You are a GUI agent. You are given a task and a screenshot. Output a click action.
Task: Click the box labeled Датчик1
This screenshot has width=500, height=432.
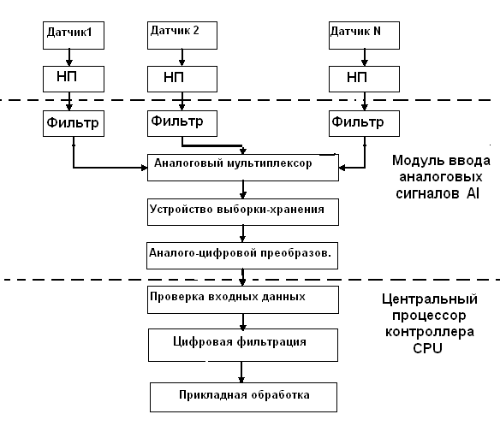pyautogui.click(x=74, y=35)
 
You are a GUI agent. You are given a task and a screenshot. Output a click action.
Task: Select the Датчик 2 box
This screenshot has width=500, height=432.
pyautogui.click(x=182, y=35)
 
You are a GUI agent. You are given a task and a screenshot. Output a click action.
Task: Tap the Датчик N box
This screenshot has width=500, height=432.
pyautogui.click(x=364, y=35)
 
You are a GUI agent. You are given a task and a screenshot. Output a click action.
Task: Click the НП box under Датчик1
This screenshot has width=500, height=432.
pyautogui.click(x=74, y=79)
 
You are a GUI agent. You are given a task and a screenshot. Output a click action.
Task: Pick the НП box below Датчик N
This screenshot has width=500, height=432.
pyautogui.click(x=364, y=79)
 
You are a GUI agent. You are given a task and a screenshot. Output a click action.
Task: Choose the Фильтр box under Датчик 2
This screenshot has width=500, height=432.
pyautogui.click(x=182, y=123)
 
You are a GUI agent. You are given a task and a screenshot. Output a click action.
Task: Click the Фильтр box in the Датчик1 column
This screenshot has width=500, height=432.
pyautogui.click(x=74, y=123)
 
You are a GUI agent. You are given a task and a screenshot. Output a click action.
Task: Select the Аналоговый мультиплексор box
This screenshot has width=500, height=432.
pyautogui.click(x=243, y=168)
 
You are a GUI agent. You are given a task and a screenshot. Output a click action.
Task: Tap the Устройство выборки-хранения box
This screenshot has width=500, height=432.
pyautogui.click(x=243, y=212)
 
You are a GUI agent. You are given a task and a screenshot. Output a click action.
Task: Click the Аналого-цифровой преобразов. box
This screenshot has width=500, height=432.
pyautogui.click(x=242, y=256)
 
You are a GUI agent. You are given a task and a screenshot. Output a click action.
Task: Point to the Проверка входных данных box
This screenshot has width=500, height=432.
pyautogui.click(x=243, y=299)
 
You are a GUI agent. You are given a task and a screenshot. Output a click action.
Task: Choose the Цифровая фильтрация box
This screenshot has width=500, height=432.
pyautogui.click(x=243, y=346)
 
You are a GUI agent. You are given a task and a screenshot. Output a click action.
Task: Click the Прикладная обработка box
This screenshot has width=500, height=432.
pyautogui.click(x=244, y=397)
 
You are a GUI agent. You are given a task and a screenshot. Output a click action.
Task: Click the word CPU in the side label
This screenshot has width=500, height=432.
pyautogui.click(x=427, y=348)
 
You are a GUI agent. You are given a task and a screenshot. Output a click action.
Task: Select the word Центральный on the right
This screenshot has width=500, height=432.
pyautogui.click(x=430, y=299)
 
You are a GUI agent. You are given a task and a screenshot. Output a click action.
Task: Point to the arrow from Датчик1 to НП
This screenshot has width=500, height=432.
pyautogui.click(x=69, y=57)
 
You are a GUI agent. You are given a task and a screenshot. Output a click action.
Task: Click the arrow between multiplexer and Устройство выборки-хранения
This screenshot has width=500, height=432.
pyautogui.click(x=243, y=190)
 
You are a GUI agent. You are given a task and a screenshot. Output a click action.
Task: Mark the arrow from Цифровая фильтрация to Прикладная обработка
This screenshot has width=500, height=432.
pyautogui.click(x=241, y=372)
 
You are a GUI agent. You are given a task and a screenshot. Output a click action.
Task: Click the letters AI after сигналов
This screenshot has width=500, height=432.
pyautogui.click(x=473, y=193)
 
